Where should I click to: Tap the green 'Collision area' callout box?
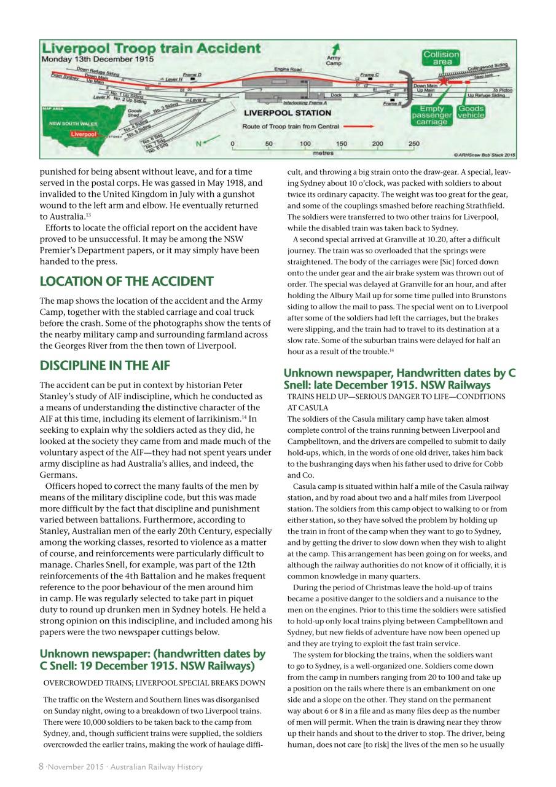(x=440, y=58)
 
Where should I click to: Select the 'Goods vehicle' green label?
(x=471, y=112)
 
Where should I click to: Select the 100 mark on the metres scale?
(x=305, y=144)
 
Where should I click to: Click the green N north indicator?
(x=198, y=144)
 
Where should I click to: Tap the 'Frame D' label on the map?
(x=192, y=74)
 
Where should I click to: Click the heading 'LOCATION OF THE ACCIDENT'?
(x=127, y=282)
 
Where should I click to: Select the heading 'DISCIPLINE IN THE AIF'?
(x=104, y=366)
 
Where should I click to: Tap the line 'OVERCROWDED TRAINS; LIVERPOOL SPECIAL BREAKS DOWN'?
(x=154, y=683)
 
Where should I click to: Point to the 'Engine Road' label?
(x=288, y=69)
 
